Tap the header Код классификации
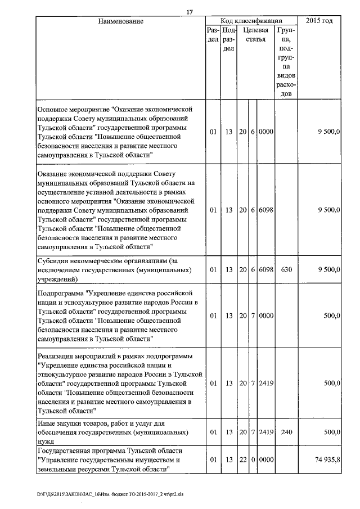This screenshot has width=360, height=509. [x=251, y=21]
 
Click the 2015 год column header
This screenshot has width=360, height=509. [x=319, y=21]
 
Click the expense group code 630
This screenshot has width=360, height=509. [x=286, y=269]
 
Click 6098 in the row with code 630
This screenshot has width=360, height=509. [x=266, y=269]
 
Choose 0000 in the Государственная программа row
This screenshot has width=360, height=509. [x=266, y=460]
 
